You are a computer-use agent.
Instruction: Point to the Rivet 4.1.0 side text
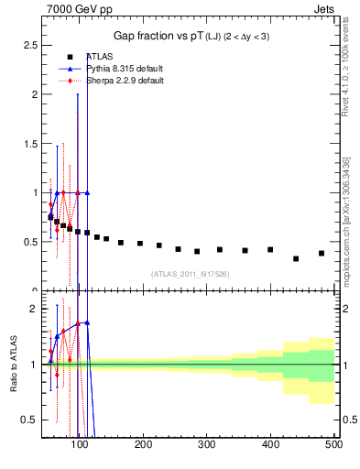pyautogui.click(x=345, y=69)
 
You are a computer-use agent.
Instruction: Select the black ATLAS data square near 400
pyautogui.click(x=270, y=249)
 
